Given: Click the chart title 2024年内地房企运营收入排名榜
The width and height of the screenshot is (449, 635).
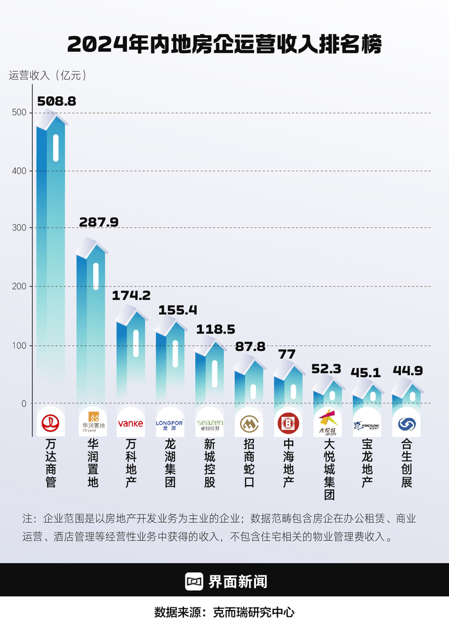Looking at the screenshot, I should tap(224, 44).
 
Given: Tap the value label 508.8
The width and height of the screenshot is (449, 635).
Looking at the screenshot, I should tap(56, 101).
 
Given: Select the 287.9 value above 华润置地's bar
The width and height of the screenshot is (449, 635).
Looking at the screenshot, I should tap(99, 222).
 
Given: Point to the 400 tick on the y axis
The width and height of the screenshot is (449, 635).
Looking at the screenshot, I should tap(19, 171).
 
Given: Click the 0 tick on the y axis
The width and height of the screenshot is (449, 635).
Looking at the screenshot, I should tap(24, 403).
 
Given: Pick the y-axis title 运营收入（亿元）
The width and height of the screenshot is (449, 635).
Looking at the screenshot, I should tap(47, 75).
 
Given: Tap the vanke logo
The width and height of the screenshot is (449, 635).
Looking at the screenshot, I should tap(130, 423).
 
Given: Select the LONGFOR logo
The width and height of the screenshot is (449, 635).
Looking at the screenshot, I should tap(169, 423).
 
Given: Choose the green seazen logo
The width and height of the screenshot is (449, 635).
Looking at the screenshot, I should tap(209, 423).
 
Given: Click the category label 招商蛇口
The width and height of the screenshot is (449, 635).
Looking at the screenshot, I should tap(249, 464).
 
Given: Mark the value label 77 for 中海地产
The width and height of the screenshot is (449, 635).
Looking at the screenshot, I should tap(288, 354).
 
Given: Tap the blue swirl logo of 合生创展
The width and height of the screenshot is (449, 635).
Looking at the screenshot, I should tap(407, 423).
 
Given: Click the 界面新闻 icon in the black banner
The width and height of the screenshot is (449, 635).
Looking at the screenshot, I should tap(194, 581).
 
